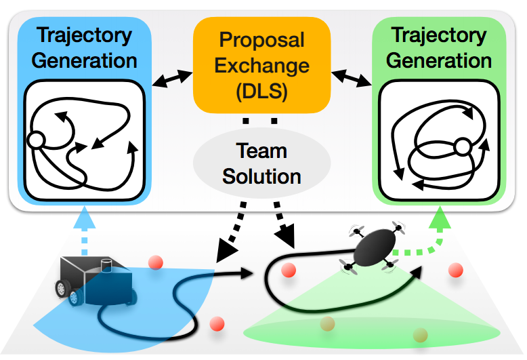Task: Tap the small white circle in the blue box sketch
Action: click(35, 140)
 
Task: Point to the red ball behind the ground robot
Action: click(156, 262)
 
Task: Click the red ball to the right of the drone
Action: click(455, 270)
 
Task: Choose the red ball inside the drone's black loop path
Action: click(288, 271)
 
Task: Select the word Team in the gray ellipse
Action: click(261, 151)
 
